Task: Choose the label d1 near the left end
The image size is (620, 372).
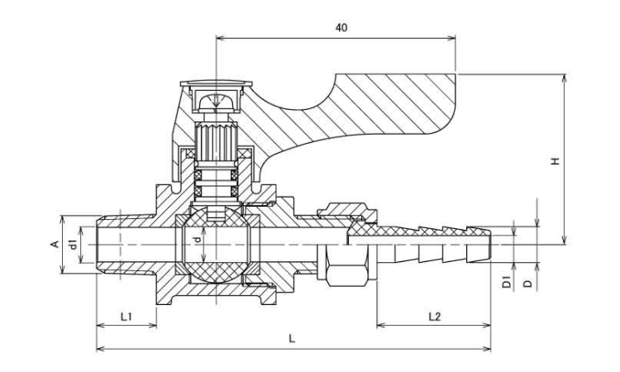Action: click(x=73, y=245)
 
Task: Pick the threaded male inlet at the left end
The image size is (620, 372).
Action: click(x=124, y=244)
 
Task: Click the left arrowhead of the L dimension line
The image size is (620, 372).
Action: click(x=100, y=349)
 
